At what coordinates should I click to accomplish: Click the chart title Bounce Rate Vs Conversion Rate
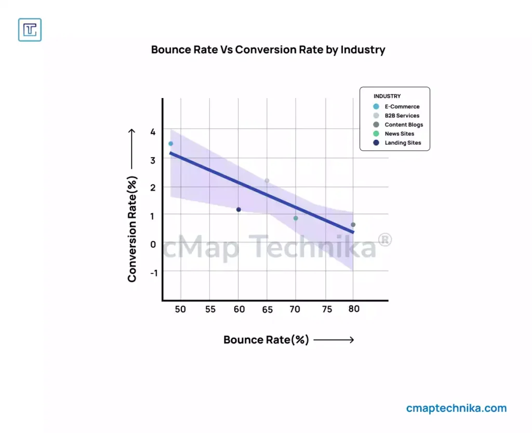[268, 50]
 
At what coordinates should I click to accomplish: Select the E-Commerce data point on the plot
[170, 144]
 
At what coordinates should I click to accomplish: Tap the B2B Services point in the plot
[267, 181]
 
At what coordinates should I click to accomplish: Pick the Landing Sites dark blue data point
[238, 210]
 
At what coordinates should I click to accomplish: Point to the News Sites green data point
[296, 218]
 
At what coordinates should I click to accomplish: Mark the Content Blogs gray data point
[353, 225]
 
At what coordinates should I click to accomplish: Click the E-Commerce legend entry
[402, 106]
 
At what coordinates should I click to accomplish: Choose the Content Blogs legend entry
[404, 125]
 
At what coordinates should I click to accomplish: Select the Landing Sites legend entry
[403, 143]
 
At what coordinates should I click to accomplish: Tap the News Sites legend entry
[399, 133]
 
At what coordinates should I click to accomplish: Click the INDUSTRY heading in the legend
[387, 96]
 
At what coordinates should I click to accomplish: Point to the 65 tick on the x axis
[268, 310]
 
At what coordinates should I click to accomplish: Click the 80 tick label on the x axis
[353, 308]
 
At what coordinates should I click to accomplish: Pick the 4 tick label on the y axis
[153, 132]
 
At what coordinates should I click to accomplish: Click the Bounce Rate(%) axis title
[266, 340]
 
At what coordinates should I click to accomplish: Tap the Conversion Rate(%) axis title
[132, 229]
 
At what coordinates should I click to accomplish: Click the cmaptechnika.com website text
[456, 408]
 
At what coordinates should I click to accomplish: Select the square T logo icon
[30, 30]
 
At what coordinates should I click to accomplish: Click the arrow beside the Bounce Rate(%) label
[334, 340]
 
